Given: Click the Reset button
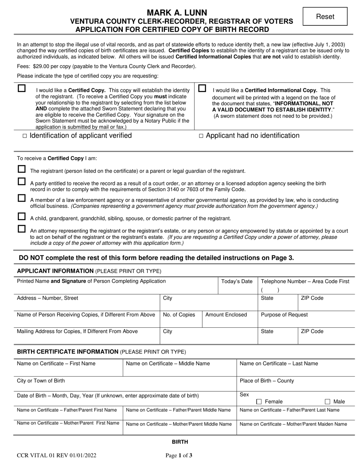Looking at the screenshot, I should coord(325,17).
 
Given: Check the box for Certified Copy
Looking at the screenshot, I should coord(22,88).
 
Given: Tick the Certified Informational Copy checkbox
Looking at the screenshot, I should coord(202,88).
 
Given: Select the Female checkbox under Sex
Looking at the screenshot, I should coord(259,402).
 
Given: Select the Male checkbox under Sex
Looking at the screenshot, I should coord(328,402).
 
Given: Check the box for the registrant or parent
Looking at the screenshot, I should coord(22,169).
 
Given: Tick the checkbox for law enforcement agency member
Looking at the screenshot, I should coord(22,199).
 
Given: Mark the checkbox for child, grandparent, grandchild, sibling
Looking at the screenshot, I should coord(22,217).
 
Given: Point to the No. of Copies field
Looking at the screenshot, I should coord(179,315).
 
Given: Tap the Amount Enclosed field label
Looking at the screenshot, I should coord(226,315).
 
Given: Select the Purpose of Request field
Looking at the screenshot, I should coord(284,315).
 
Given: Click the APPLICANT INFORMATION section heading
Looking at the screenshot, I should coord(55,271).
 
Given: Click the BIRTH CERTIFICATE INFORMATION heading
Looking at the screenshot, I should coord(68,352).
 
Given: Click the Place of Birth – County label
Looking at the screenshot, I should coord(267,381).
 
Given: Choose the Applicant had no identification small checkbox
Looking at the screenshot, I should coord(201,136).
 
